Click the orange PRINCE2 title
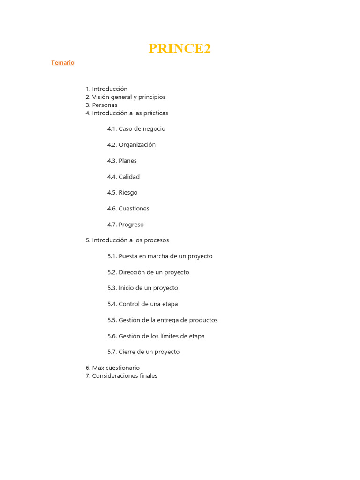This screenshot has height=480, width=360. pyautogui.click(x=180, y=49)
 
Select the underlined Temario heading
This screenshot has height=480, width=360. pyautogui.click(x=63, y=63)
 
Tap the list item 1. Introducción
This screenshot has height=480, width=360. pyautogui.click(x=106, y=89)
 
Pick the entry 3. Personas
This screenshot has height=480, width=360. pyautogui.click(x=101, y=105)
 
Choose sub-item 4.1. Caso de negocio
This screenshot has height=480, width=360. pyautogui.click(x=136, y=129)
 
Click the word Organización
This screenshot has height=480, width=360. pyautogui.click(x=137, y=145)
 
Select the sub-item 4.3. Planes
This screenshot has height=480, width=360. pyautogui.click(x=122, y=161)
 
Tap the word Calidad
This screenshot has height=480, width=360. pyautogui.click(x=129, y=177)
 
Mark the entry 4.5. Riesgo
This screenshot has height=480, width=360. pyautogui.click(x=122, y=193)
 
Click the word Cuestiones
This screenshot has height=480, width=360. pyautogui.click(x=134, y=209)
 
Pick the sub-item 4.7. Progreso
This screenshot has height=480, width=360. pyautogui.click(x=126, y=225)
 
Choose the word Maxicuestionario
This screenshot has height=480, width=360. pyautogui.click(x=116, y=368)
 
